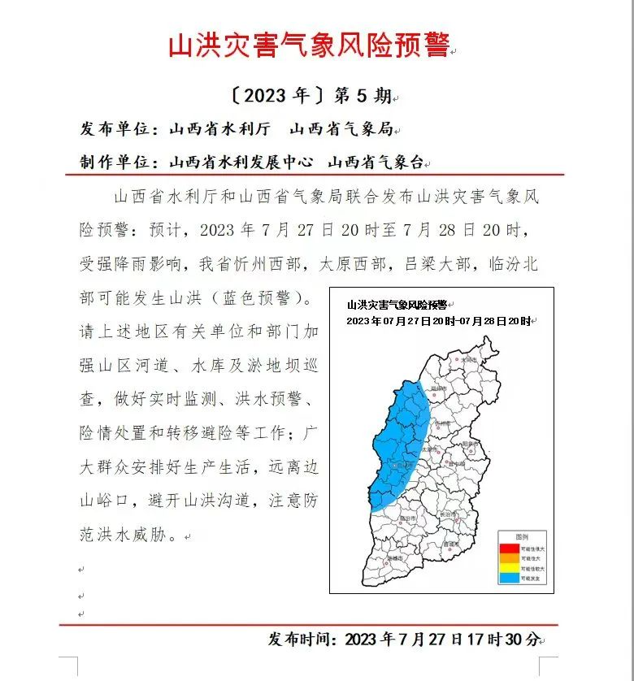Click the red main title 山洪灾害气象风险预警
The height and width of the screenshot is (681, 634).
point(308,46)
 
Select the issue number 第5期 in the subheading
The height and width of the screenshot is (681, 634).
point(363,96)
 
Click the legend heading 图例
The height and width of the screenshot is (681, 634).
point(521,538)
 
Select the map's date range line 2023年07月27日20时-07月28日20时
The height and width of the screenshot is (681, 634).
point(438,321)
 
